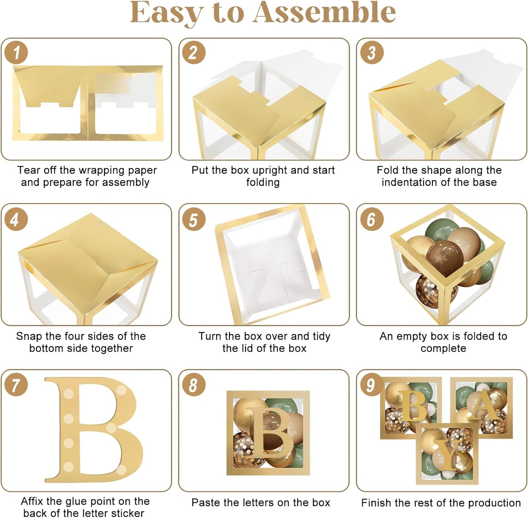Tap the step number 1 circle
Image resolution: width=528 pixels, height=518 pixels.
pyautogui.click(x=16, y=52)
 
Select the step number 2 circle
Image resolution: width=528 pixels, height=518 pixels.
pyautogui.click(x=194, y=52)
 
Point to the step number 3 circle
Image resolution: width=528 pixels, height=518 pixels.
pyautogui.click(x=372, y=52)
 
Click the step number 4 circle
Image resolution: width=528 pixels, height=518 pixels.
pyautogui.click(x=16, y=219)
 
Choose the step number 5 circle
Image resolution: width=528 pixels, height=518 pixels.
pyautogui.click(x=194, y=219)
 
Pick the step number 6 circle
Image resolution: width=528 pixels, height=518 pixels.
pyautogui.click(x=372, y=219)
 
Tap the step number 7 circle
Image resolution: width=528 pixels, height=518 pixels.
pyautogui.click(x=16, y=385)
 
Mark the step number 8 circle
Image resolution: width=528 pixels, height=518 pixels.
pyautogui.click(x=194, y=385)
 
